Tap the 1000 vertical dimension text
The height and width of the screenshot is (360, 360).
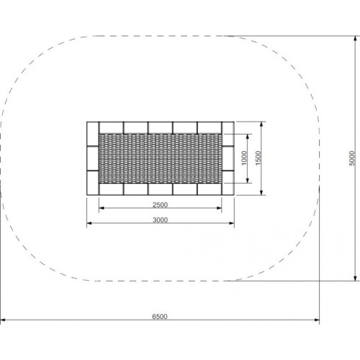tap(245, 158)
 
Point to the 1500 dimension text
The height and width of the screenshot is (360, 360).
tap(257, 158)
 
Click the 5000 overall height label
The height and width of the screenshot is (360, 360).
tap(351, 158)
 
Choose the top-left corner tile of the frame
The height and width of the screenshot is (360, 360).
tap(91, 127)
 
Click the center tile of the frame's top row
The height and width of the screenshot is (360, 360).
tap(160, 127)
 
